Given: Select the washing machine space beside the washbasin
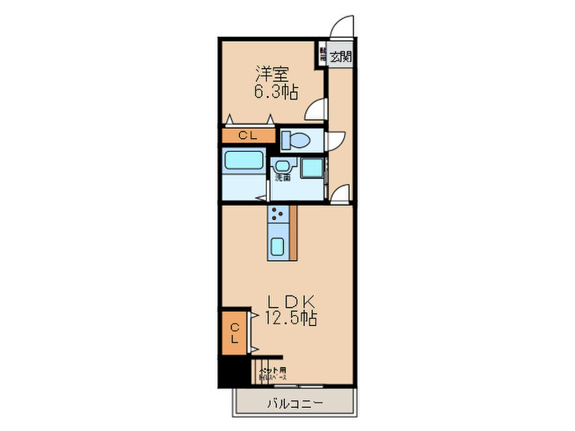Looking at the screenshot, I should tap(312, 167).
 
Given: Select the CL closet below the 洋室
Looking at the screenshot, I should tap(245, 136).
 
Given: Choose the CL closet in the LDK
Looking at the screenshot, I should tap(234, 333).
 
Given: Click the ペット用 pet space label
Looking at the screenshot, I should tap(273, 372).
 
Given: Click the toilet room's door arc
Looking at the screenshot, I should tap(338, 141).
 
